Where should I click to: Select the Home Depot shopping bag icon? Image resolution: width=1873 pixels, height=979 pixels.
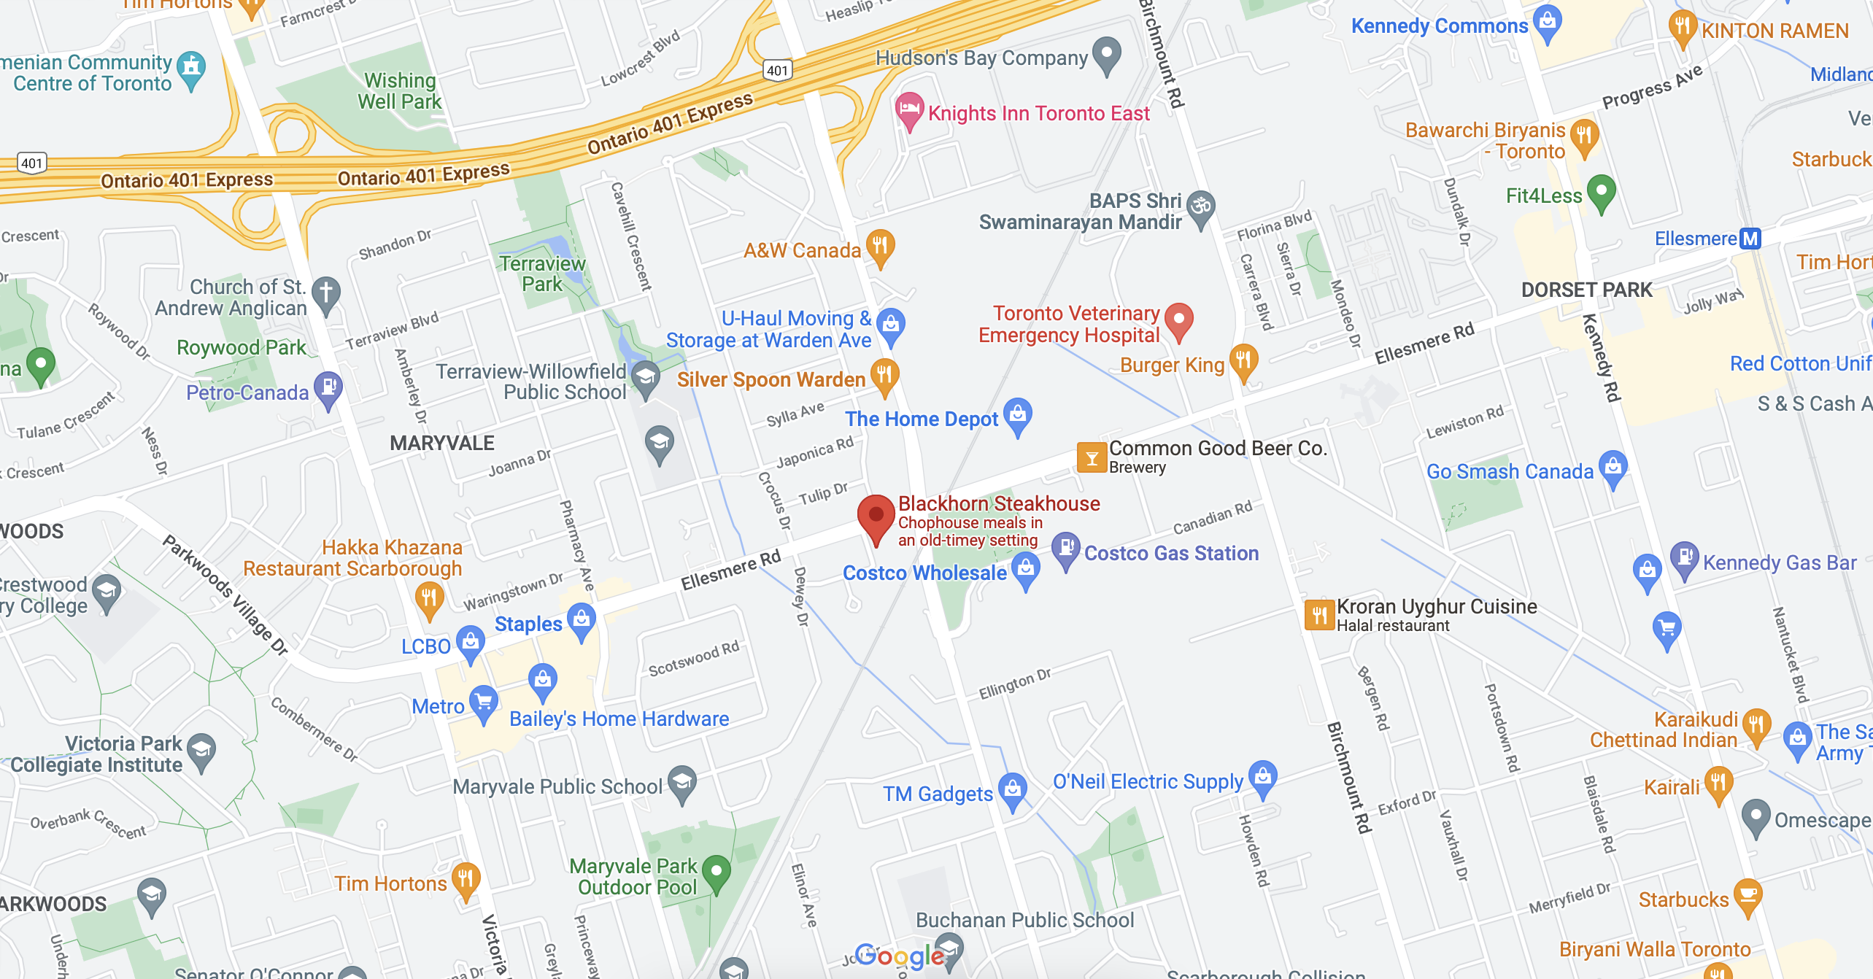coord(1018,414)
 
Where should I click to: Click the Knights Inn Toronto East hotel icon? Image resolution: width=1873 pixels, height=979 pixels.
coord(909,109)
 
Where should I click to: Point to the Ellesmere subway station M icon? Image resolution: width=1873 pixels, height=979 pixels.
coord(1750,239)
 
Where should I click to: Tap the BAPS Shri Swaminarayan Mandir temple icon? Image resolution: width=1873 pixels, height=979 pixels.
coord(1200,207)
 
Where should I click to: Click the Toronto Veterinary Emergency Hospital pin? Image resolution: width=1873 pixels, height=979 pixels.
coord(1178,320)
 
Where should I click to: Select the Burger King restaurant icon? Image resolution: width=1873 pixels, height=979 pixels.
coord(1243,360)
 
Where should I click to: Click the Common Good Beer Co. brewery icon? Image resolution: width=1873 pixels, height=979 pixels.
coord(1092,457)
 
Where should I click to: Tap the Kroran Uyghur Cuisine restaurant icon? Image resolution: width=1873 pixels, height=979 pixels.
coord(1319,615)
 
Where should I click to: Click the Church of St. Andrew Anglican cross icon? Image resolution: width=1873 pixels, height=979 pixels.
coord(326,293)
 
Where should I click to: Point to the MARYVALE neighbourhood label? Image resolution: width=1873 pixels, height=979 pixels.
coord(442,443)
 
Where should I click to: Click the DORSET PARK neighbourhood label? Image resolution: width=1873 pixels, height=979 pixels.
coord(1586,290)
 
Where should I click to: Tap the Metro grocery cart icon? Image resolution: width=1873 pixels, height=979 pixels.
coord(483,702)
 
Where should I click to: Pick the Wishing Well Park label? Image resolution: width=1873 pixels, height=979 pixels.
coord(399,91)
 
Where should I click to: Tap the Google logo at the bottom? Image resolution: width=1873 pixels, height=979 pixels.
coord(899,955)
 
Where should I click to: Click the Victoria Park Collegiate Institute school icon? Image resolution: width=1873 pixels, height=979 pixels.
coord(201,750)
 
